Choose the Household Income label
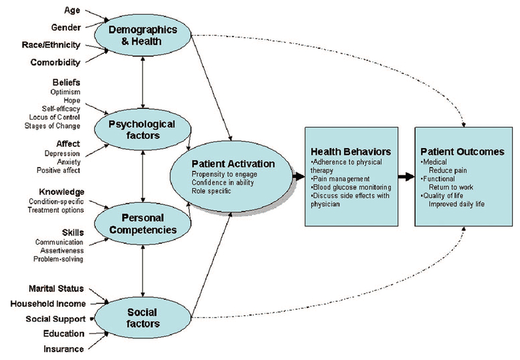point(47,303)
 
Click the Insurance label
point(64,349)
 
